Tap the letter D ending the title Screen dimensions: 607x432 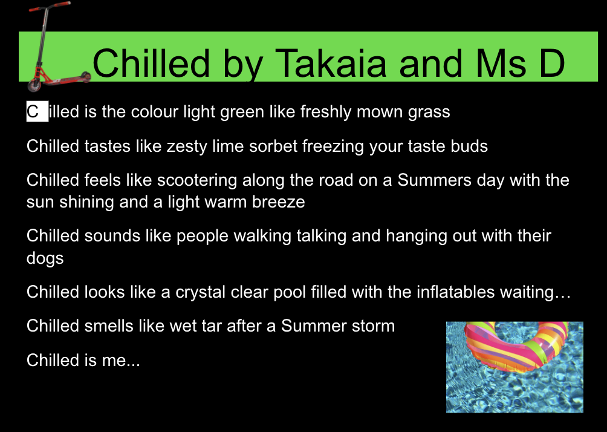click(551, 63)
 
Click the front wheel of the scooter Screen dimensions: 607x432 click(34, 85)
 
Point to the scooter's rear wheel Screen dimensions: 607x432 click(86, 77)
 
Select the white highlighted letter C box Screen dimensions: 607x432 click(37, 111)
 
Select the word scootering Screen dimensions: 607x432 click(197, 180)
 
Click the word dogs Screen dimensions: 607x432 click(45, 258)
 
